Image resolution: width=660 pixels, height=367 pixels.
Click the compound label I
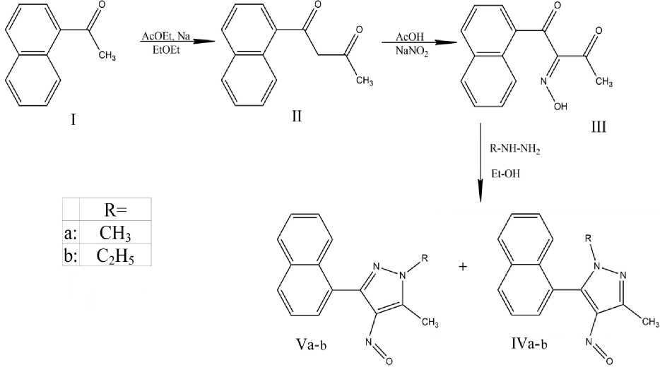click(x=72, y=120)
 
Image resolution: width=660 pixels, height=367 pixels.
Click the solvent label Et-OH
click(x=503, y=172)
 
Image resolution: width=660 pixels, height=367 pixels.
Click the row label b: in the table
click(x=70, y=255)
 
